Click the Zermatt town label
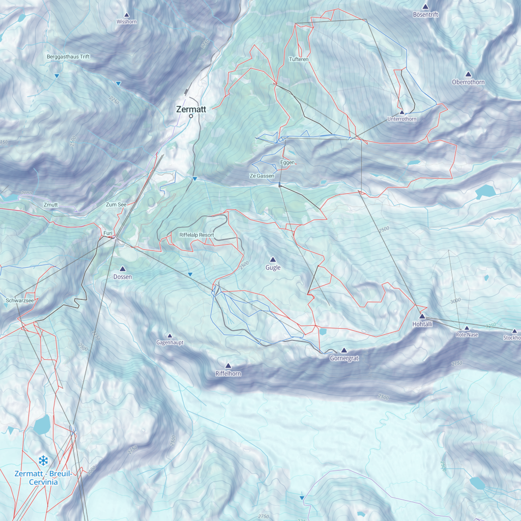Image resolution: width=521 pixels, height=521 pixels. pos(191,109)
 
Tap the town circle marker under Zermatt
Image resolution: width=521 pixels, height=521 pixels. pos(191,116)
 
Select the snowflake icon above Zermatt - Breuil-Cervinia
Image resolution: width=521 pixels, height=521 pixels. pos(43,461)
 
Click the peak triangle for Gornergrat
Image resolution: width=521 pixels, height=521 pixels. pos(344,350)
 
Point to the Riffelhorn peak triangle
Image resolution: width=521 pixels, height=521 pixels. pos(228,365)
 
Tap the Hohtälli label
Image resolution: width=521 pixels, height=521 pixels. pos(422,324)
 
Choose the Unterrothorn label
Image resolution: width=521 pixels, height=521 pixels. pos(401,119)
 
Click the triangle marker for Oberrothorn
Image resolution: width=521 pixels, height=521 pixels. pos(468,74)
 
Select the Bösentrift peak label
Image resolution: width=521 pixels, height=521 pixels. pos(425,15)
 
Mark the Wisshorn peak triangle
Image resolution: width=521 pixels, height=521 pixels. pos(127,15)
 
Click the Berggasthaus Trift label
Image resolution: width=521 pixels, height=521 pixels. pos(68,56)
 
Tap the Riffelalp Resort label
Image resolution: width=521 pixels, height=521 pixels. pos(196,235)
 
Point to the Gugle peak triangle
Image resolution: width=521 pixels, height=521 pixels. pos(273,259)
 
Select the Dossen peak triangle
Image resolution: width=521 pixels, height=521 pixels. pos(122,269)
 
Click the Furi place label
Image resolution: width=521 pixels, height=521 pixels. pos(108,233)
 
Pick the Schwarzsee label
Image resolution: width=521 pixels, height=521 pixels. pos(19,301)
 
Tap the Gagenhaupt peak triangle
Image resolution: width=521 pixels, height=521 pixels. pos(170,335)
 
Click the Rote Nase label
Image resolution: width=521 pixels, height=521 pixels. pos(467,335)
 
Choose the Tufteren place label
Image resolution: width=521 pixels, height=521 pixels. pos(299,60)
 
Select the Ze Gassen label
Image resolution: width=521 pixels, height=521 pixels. pos(262,176)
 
